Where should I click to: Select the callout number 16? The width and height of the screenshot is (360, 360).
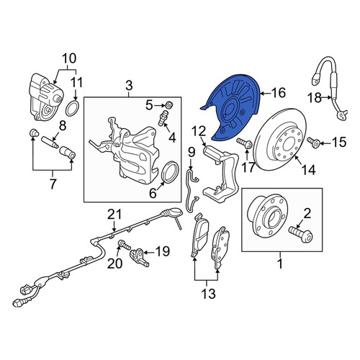[279, 93]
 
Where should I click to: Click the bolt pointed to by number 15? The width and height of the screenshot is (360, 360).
[313, 143]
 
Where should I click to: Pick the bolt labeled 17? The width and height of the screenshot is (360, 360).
[244, 143]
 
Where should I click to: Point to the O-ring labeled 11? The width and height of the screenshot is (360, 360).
[72, 109]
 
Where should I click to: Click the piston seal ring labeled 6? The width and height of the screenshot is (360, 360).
[171, 172]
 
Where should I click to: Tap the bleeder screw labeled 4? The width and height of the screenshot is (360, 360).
[163, 118]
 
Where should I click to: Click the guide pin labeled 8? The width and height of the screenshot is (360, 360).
[50, 143]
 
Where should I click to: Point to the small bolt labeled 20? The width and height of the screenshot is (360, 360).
[125, 246]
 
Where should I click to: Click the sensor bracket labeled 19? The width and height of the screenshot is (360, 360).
[139, 257]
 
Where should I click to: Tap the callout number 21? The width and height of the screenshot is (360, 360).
[114, 215]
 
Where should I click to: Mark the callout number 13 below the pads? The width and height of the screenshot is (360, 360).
[208, 293]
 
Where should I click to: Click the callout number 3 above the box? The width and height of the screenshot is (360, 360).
[129, 86]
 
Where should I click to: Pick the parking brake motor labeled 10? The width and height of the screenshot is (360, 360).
[45, 97]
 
